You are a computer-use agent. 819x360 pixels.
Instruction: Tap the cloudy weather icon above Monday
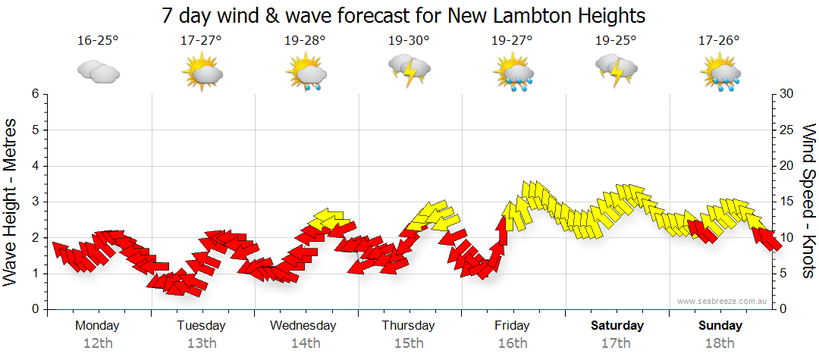point(98,72)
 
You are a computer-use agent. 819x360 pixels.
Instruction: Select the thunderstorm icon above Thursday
point(409,70)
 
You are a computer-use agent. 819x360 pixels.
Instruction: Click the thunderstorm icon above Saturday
point(617,70)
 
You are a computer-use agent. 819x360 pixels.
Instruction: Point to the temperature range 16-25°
point(98,41)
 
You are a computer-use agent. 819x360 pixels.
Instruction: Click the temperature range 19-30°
point(409,41)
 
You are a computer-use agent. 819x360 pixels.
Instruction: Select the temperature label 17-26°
point(719,41)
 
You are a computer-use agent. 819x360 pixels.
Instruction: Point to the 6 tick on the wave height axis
point(34,94)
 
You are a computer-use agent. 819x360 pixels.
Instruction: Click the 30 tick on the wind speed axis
point(786,94)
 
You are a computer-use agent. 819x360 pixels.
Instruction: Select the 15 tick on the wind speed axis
point(786,202)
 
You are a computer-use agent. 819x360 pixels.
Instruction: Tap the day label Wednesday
point(303,326)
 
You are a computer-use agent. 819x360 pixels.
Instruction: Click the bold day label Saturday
point(617,326)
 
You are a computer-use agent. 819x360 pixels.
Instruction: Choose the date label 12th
point(98,343)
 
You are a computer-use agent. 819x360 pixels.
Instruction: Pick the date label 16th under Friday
point(513,343)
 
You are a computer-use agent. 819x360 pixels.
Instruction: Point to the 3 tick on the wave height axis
point(34,202)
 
